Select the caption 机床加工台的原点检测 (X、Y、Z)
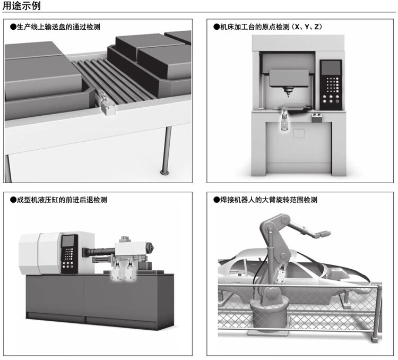tap(271, 26)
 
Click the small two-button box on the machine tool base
tap(317, 115)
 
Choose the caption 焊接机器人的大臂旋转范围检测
tap(268, 200)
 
